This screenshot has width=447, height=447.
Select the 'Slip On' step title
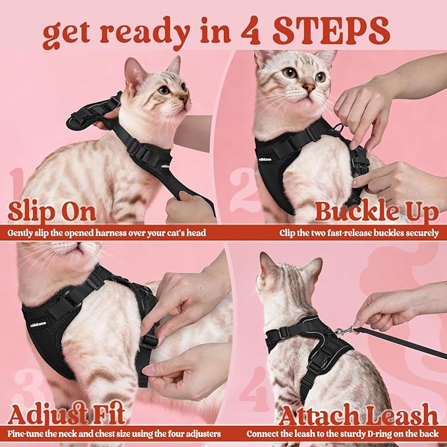click(52, 212)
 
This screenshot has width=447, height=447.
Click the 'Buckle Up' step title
click(377, 212)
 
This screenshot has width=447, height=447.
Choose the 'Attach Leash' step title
click(358, 415)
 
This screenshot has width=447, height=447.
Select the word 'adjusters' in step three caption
click(200, 434)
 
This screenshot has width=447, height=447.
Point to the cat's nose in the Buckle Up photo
click(308, 87)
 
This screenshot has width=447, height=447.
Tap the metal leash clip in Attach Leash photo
click(344, 331)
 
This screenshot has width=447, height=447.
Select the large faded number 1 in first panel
click(18, 191)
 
